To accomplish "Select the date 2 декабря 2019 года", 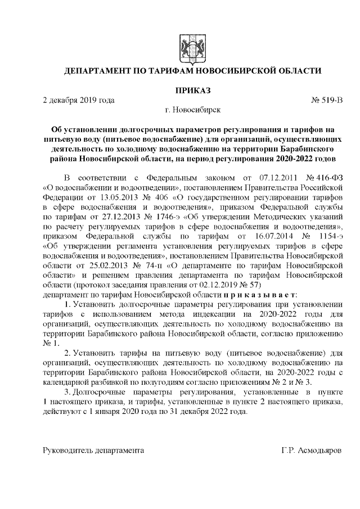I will [79, 100].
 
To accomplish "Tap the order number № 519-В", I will [326, 100].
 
